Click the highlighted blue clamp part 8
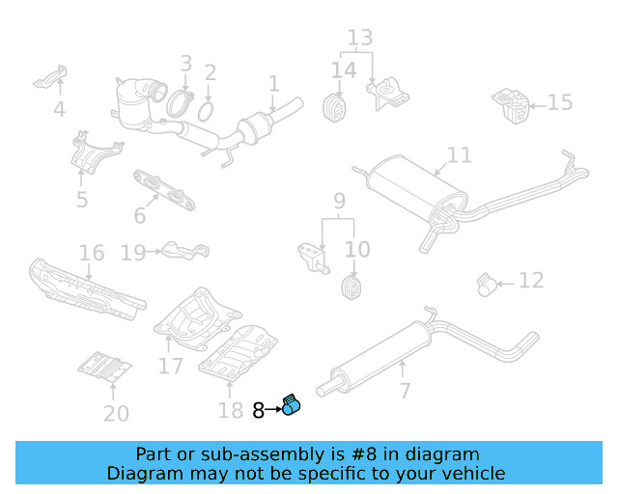[x=292, y=407]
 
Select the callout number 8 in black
[x=258, y=410]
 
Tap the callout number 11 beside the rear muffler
[x=460, y=154]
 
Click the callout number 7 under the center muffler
[x=404, y=391]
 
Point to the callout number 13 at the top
[x=359, y=38]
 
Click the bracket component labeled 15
[x=509, y=103]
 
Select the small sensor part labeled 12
[x=490, y=283]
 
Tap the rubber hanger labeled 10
[x=351, y=287]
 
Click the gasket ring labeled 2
[x=205, y=113]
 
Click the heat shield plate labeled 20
[x=105, y=366]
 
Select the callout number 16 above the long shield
[x=92, y=254]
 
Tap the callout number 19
[x=133, y=253]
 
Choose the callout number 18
[x=230, y=411]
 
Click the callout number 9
[x=339, y=202]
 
